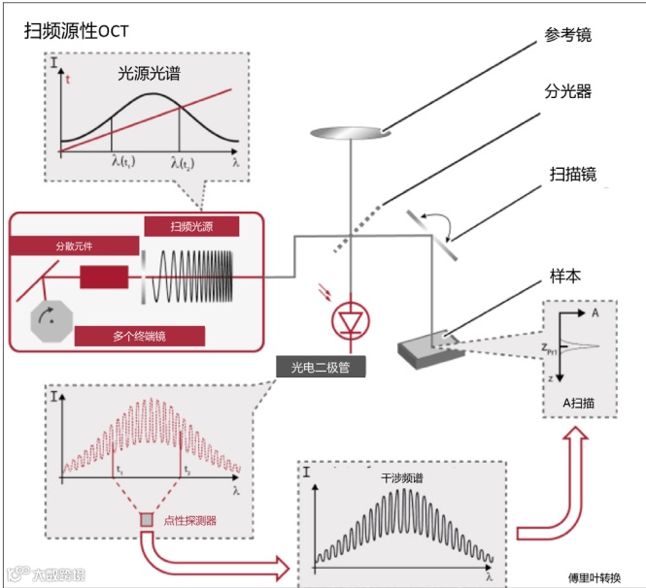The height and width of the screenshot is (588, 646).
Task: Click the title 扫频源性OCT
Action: coord(77,30)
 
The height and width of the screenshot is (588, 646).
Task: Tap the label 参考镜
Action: coord(568,35)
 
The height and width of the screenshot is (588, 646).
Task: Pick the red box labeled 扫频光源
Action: coord(191,227)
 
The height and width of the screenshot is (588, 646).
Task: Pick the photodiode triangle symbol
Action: coord(347,318)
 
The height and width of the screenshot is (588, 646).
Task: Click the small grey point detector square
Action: coord(148,520)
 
